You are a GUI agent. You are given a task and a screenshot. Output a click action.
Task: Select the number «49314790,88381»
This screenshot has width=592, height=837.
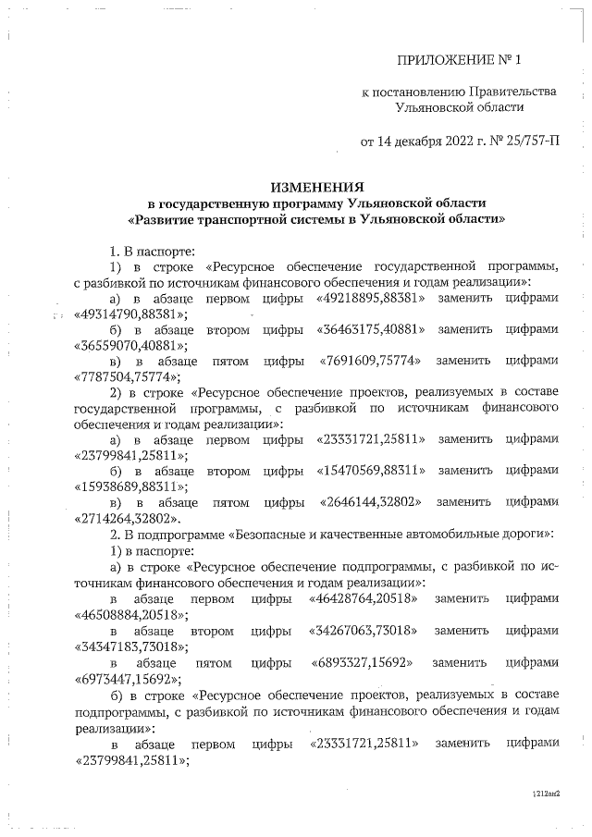(129, 314)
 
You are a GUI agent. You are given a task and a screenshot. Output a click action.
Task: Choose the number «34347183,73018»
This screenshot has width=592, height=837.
(129, 646)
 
